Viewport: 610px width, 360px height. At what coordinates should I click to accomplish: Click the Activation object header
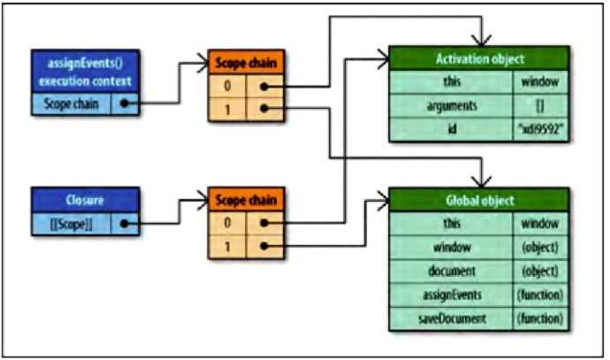(x=480, y=59)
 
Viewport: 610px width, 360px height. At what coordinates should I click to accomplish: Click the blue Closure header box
(x=84, y=199)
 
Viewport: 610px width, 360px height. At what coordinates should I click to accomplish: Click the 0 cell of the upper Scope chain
(x=226, y=87)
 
